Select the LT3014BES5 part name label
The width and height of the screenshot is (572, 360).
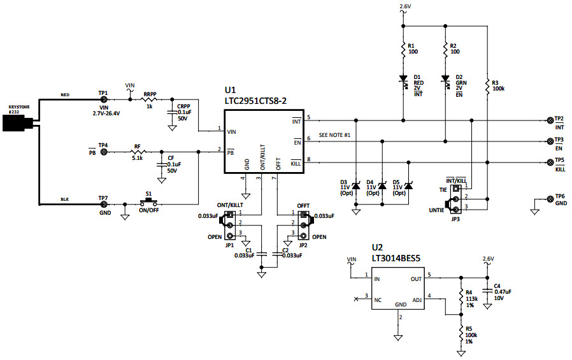[x=400, y=258]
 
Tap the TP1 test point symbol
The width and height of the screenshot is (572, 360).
[x=103, y=99]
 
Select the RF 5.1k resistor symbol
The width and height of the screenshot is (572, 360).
[x=137, y=152]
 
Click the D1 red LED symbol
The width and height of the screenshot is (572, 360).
[x=403, y=80]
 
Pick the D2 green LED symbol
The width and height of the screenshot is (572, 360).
[x=445, y=80]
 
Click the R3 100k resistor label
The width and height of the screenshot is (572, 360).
[x=498, y=85]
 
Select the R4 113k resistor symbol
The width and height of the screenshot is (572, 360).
[x=461, y=296]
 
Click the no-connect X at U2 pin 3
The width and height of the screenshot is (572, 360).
[x=355, y=298]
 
